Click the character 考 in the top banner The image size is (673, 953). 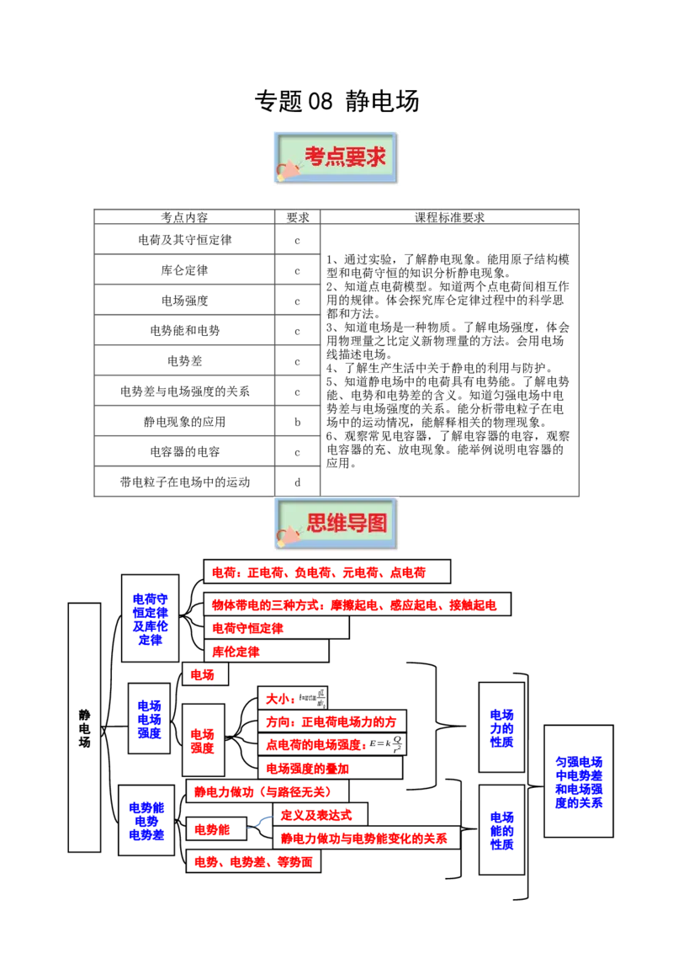click(315, 157)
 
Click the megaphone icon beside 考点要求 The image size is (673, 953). click(288, 169)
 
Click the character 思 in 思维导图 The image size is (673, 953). click(317, 524)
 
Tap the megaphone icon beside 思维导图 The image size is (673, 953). click(289, 534)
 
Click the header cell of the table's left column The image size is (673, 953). click(184, 217)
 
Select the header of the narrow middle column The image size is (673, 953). click(296, 217)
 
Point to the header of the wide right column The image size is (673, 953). click(448, 217)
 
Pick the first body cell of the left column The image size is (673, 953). click(184, 239)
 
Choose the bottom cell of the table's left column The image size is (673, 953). click(184, 481)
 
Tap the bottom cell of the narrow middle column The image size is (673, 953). click(303, 481)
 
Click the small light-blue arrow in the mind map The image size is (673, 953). click(262, 822)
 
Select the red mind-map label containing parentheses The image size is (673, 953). click(264, 791)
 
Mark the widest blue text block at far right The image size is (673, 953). click(579, 783)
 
